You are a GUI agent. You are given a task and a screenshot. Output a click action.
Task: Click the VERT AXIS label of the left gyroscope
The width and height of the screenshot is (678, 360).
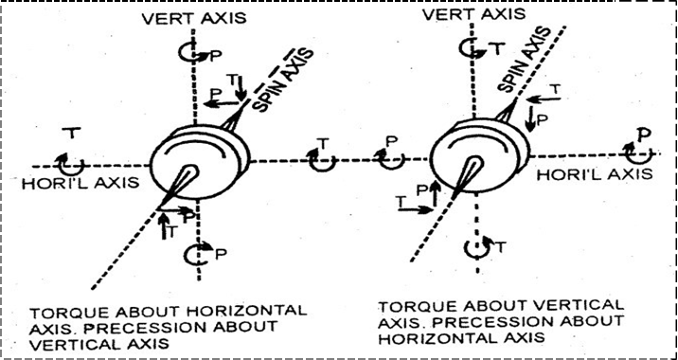(x=193, y=18)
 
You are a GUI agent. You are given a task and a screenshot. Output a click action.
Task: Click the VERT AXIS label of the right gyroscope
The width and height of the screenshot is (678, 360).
(x=473, y=13)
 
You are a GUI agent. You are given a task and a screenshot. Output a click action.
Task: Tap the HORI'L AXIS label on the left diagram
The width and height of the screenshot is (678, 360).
(x=80, y=183)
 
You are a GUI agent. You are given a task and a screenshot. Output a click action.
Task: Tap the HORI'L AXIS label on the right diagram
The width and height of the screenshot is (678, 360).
(x=594, y=174)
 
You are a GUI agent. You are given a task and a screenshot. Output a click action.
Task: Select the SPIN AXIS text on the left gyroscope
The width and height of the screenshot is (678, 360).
(x=282, y=79)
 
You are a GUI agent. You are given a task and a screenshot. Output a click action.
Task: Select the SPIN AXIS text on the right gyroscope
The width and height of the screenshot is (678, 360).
(x=524, y=60)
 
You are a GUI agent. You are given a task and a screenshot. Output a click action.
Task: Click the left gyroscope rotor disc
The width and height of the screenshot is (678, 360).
(x=200, y=162)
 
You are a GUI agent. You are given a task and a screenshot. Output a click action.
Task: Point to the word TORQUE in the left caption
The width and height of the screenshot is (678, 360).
(x=70, y=312)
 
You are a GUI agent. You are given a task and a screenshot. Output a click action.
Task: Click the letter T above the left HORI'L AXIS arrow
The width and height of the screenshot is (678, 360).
(x=72, y=134)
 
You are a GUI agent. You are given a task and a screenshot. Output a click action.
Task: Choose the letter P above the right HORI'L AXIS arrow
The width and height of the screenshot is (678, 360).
(x=644, y=134)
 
